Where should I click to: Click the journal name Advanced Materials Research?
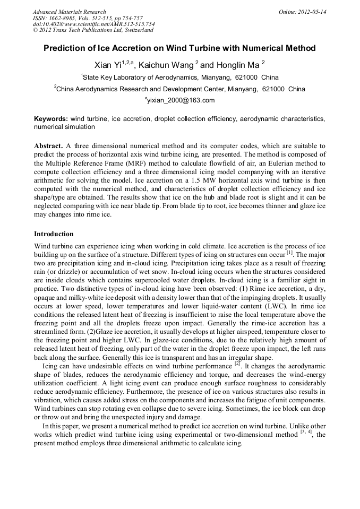pos(69,12)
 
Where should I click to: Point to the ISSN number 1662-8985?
pos(62,18)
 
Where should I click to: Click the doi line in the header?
pos(93,24)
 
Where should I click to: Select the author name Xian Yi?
pos(108,65)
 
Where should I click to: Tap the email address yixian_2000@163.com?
pos(181,100)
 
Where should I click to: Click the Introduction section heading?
pos(54,234)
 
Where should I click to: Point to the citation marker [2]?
pos(237,365)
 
